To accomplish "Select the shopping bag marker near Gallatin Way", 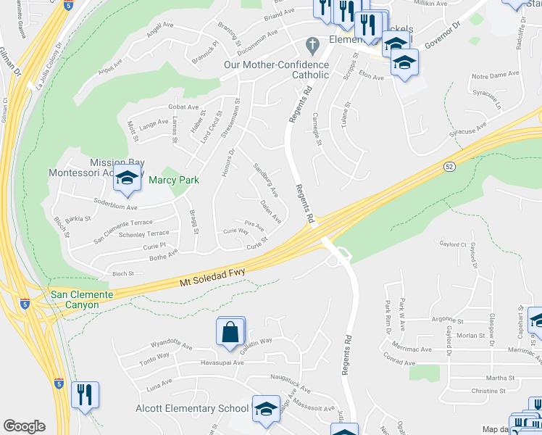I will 230,331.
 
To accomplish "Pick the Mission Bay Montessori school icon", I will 127,178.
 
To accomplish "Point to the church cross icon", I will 312,45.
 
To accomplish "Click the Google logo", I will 24,426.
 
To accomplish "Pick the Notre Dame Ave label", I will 496,75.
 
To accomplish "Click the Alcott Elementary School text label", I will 193,408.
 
